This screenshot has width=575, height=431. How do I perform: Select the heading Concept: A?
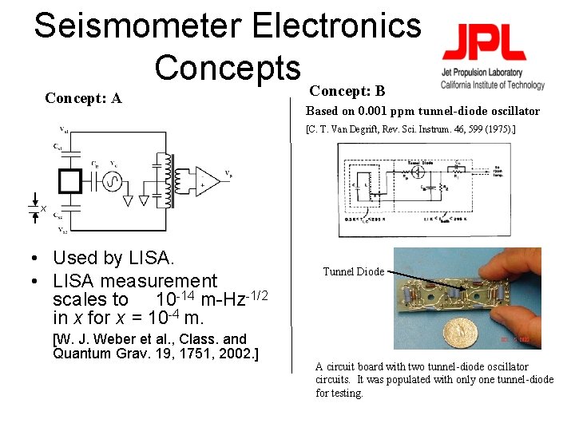coord(83,98)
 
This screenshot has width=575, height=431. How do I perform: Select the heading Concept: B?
coord(347,91)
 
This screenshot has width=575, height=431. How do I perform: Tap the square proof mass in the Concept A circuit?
coord(69,181)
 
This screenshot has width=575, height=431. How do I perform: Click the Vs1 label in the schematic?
coord(63,129)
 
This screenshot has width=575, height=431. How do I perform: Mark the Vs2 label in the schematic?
coord(62,230)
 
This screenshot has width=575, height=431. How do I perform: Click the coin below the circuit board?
coord(460,330)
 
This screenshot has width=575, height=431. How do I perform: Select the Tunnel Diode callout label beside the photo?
coord(353,271)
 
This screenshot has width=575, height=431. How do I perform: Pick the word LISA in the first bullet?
coord(152,258)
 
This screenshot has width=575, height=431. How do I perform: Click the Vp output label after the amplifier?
coord(229,172)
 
